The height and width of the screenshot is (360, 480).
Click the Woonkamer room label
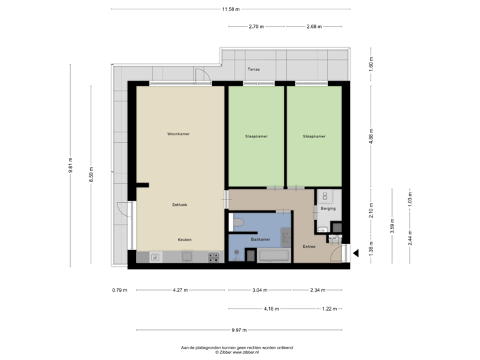(x=179, y=134)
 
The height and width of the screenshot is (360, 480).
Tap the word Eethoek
(x=179, y=206)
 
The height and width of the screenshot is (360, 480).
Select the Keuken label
(x=185, y=239)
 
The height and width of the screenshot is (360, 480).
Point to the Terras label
(x=253, y=69)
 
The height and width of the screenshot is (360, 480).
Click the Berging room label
(x=327, y=209)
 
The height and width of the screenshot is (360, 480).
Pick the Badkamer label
(x=260, y=238)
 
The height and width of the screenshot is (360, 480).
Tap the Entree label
(x=309, y=247)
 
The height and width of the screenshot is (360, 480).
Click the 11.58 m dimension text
(x=231, y=9)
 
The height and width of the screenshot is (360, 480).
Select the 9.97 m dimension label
(x=239, y=330)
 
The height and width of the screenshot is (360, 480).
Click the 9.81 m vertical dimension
(x=70, y=165)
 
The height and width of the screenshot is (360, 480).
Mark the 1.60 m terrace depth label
(x=371, y=64)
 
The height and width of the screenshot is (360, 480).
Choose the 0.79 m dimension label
(x=120, y=290)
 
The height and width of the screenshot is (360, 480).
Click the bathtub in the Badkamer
(x=273, y=254)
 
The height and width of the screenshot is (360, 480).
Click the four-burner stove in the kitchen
(x=214, y=255)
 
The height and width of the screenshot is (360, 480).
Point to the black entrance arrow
(x=355, y=252)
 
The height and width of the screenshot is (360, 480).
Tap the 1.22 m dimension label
(x=329, y=309)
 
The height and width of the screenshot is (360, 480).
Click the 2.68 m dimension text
(x=314, y=27)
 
